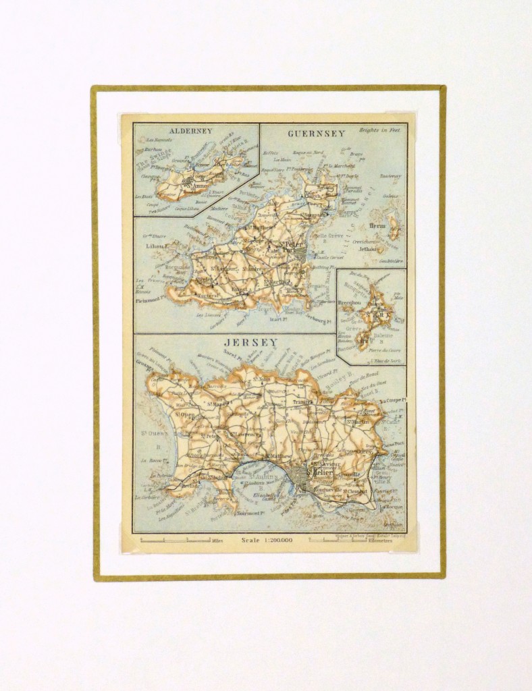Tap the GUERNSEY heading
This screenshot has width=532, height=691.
coord(316,133)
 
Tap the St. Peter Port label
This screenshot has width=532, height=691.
coord(294,247)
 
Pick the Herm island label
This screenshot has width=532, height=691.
coord(377,226)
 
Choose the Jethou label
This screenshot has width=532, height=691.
coord(369,248)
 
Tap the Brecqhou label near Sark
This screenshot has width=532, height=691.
coord(350,303)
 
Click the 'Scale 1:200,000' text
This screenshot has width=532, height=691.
coord(266,540)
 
